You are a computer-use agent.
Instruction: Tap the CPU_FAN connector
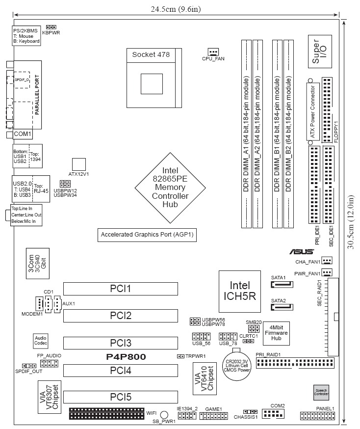click(212, 52)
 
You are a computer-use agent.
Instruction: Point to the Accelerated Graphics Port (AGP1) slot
click(147, 235)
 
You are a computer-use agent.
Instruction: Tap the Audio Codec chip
click(40, 341)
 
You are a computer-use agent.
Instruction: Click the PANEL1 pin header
click(317, 417)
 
